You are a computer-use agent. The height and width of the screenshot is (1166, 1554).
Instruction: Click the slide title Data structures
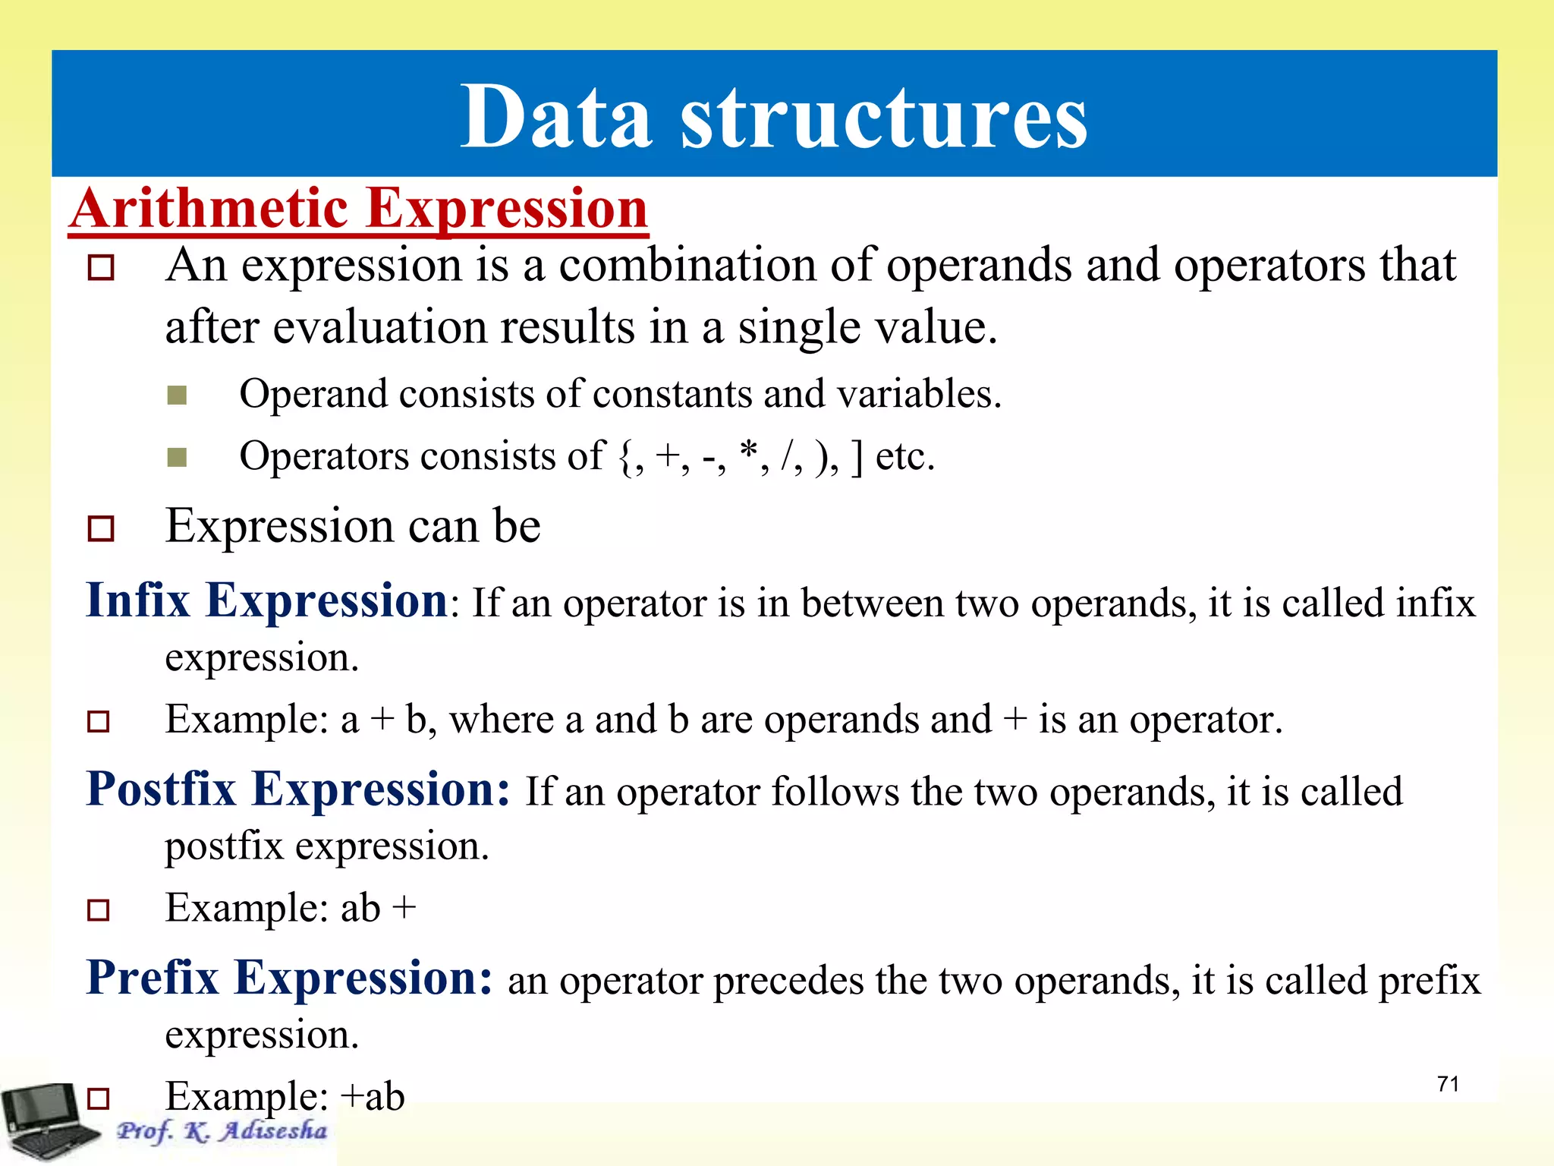click(x=774, y=117)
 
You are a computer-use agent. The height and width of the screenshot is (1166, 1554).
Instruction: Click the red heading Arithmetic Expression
click(x=359, y=209)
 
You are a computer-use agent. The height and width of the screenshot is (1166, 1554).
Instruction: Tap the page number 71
click(x=1448, y=1084)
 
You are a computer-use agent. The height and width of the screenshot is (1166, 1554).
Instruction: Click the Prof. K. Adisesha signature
click(x=222, y=1131)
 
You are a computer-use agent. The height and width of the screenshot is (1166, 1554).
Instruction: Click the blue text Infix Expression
click(x=267, y=601)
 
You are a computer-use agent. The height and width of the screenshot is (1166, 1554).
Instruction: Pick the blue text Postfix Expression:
click(x=298, y=789)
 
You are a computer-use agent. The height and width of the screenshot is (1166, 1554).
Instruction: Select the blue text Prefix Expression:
click(x=289, y=978)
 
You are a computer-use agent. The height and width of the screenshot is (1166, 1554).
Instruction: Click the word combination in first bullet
click(x=687, y=266)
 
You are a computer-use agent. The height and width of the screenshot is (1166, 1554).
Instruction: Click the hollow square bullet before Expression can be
click(x=100, y=528)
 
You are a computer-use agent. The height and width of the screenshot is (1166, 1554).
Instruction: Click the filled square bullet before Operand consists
click(x=177, y=395)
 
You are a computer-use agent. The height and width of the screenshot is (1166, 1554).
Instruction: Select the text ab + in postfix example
click(x=379, y=908)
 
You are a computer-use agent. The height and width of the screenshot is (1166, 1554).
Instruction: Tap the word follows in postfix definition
click(x=835, y=792)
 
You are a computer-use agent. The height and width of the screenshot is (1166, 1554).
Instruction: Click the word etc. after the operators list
click(x=904, y=457)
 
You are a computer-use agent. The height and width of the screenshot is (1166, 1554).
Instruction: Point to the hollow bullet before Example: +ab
click(x=99, y=1098)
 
